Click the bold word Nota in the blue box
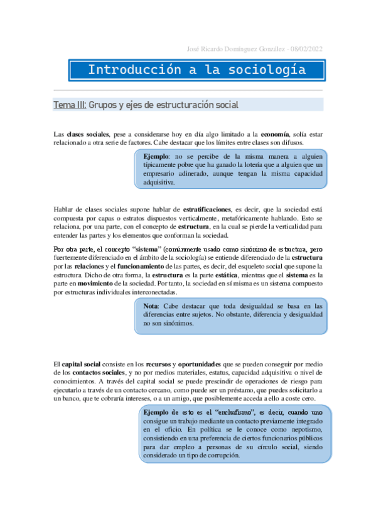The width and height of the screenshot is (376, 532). click(151, 306)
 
